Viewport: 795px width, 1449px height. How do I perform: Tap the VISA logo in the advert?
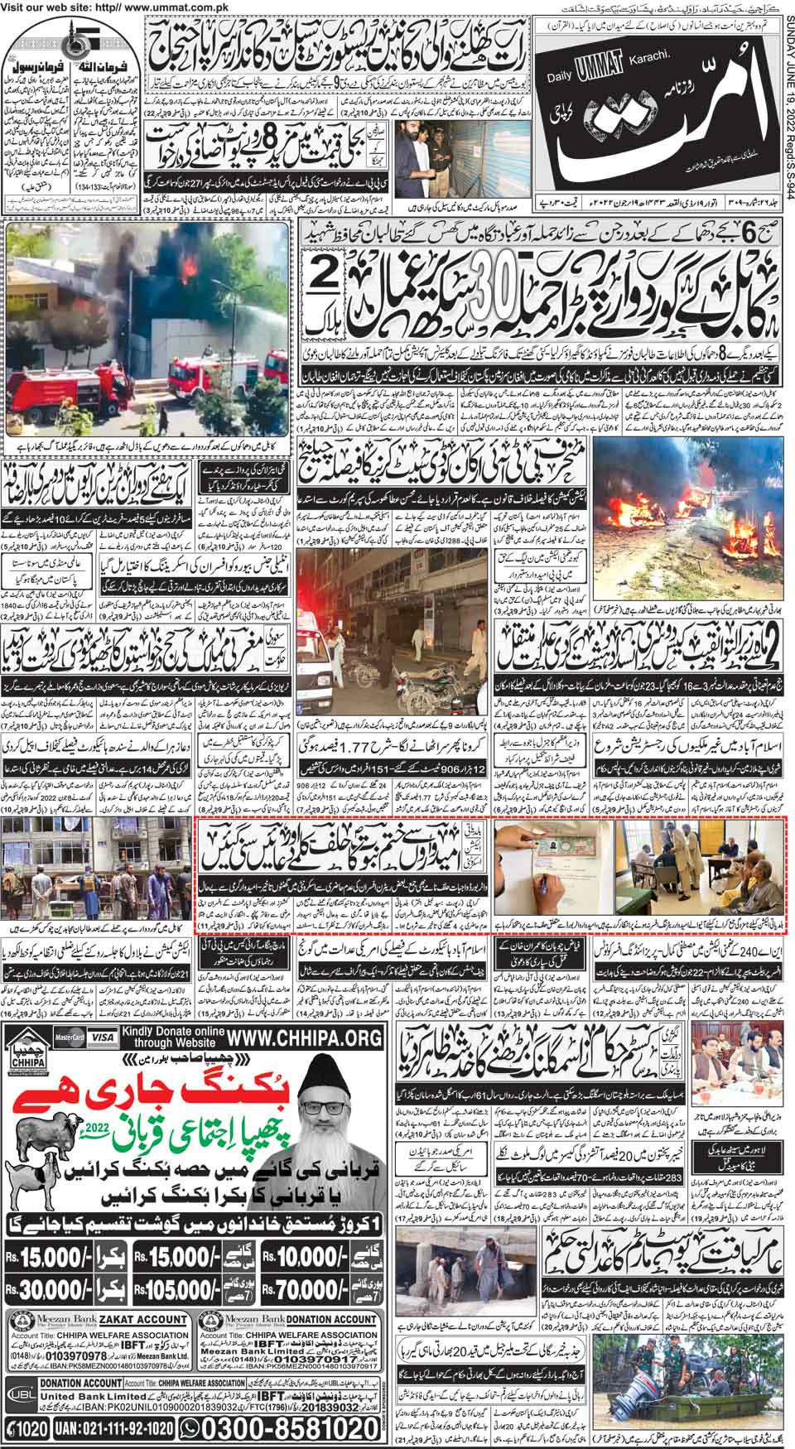click(104, 1035)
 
